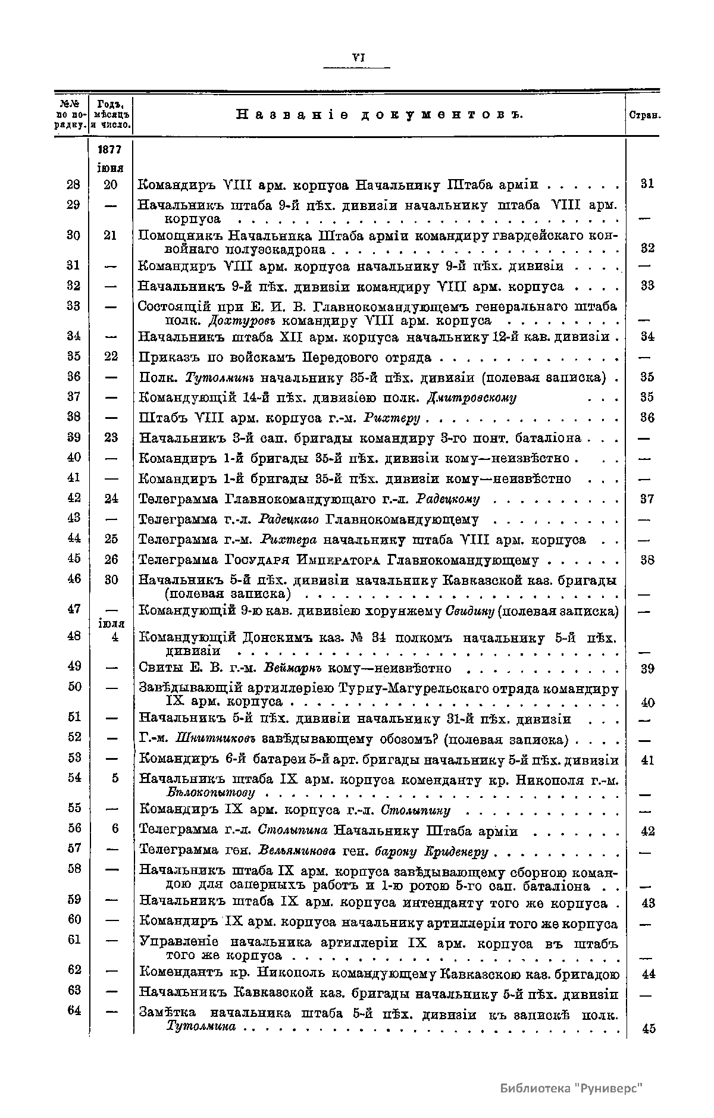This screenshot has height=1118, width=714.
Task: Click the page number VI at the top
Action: tap(358, 58)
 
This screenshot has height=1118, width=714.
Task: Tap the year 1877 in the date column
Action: tap(111, 151)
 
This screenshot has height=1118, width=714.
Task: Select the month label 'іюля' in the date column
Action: tap(111, 624)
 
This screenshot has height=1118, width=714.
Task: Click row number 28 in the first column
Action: tap(74, 184)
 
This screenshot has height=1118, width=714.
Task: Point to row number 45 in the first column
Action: tap(74, 559)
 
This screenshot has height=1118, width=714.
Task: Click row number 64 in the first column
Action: tap(74, 1010)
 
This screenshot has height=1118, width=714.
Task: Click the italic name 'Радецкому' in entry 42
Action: tap(447, 499)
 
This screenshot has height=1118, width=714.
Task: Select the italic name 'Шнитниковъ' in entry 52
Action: tap(215, 740)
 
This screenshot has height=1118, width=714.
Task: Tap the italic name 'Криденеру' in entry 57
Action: tap(457, 852)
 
